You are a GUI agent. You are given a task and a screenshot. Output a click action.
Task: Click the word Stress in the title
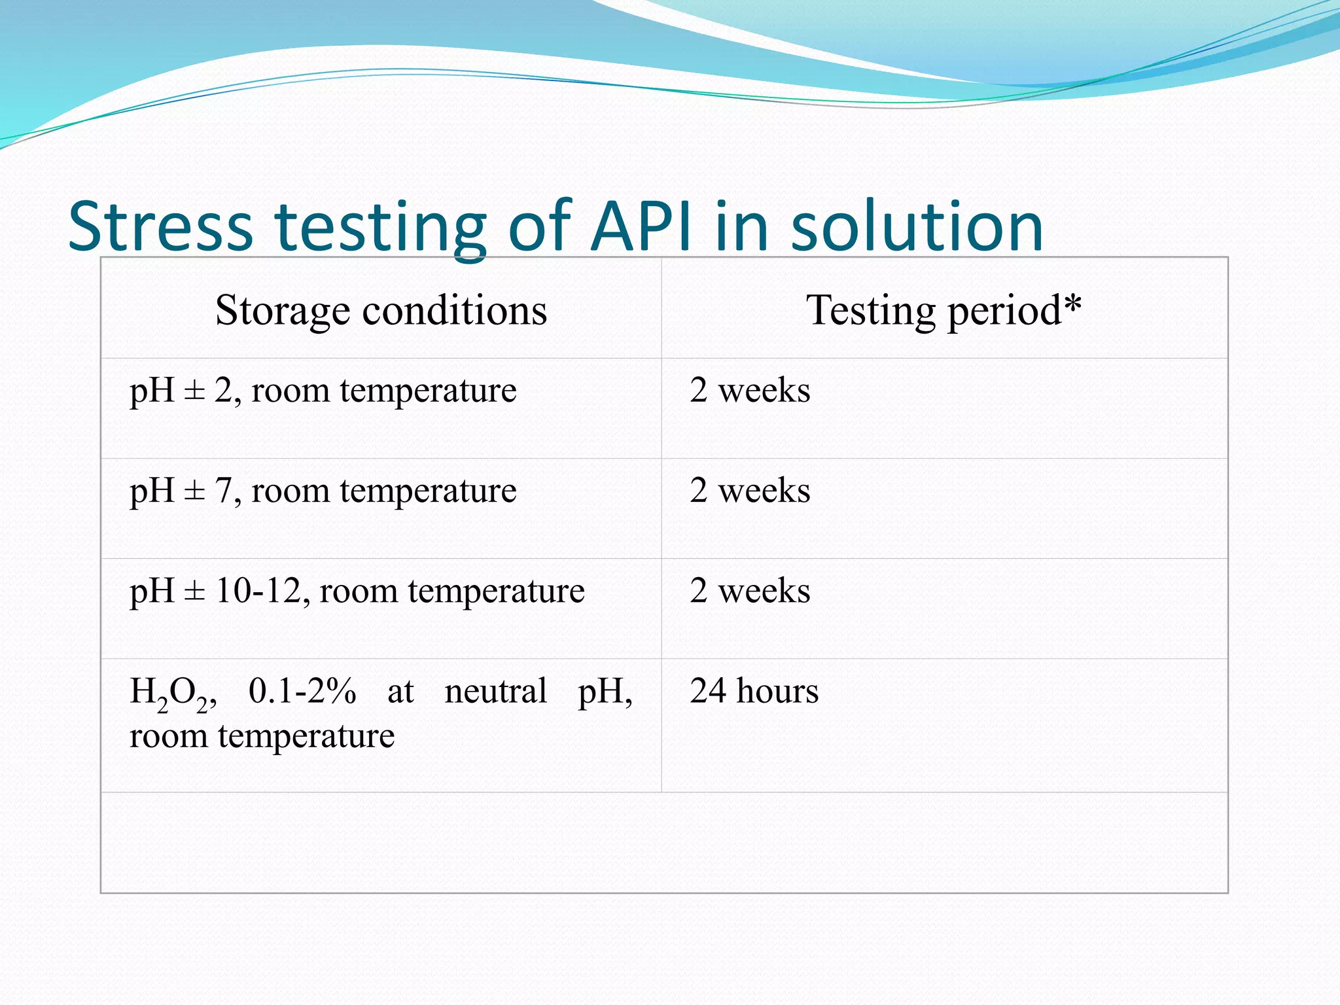160,226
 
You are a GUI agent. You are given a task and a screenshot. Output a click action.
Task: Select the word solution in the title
917,226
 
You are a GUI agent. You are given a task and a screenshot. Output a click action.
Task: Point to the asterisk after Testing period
1072,305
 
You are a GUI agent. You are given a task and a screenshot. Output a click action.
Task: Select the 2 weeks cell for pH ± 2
750,391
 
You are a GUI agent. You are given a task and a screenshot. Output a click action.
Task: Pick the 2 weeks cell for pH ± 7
750,491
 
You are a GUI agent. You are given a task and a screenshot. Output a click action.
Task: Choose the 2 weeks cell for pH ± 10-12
750,591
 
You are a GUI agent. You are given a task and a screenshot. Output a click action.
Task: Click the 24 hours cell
754,691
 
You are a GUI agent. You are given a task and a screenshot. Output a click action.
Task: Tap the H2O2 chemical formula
172,694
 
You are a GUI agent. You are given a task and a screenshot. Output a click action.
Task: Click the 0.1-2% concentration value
302,691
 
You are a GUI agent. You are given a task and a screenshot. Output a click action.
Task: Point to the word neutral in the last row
495,691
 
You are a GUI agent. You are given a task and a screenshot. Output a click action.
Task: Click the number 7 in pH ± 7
223,491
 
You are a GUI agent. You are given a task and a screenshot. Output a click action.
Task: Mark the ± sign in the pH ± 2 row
194,391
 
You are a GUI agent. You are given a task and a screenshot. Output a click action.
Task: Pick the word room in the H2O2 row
168,737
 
